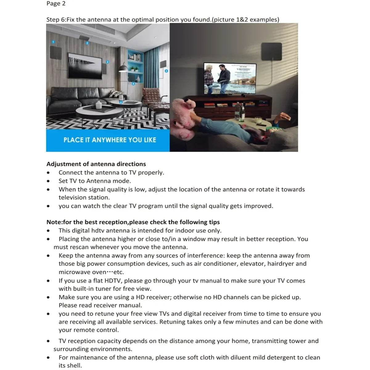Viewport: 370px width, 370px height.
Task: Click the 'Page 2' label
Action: point(56,4)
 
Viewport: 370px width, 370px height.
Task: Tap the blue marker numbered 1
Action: point(53,42)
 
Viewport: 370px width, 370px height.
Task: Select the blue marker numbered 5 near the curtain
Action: point(166,71)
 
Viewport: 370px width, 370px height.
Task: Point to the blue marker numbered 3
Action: point(107,62)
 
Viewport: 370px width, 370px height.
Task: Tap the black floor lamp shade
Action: point(123,69)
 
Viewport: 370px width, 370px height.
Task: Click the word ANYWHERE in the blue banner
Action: point(109,140)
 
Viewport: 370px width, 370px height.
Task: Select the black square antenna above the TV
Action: point(271,52)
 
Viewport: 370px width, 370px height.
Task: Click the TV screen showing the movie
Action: point(230,79)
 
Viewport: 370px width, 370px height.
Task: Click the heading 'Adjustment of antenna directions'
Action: point(96,164)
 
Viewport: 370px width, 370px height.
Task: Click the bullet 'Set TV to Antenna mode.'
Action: point(95,181)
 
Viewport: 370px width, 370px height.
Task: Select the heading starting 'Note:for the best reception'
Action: point(133,222)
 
